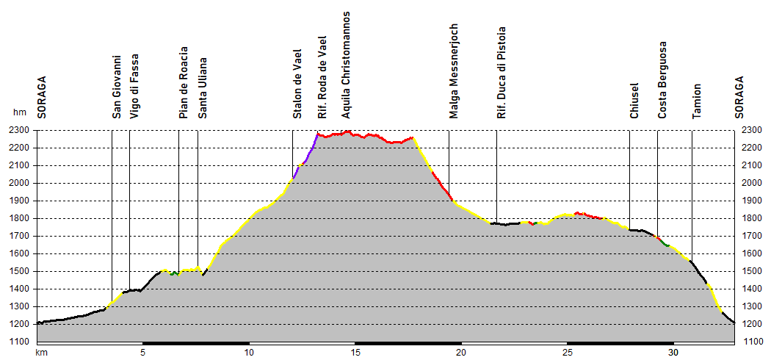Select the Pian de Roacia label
pyautogui.click(x=184, y=82)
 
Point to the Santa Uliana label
pyautogui.click(x=203, y=88)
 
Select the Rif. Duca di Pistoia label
pyautogui.click(x=502, y=73)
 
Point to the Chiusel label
pyautogui.click(x=634, y=100)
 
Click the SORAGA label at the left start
pyautogui.click(x=42, y=97)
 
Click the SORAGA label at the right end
pyautogui.click(x=739, y=97)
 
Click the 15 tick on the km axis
pyautogui.click(x=355, y=353)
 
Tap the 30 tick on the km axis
pyautogui.click(x=673, y=353)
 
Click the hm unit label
pyautogui.click(x=19, y=112)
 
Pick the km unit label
pyautogui.click(x=42, y=353)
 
